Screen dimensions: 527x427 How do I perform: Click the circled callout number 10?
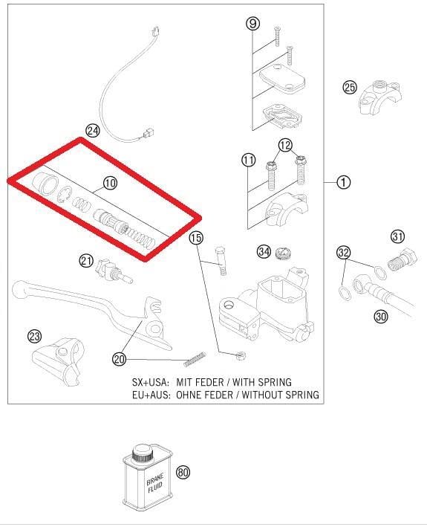click(110, 182)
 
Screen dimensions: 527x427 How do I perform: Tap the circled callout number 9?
click(252, 24)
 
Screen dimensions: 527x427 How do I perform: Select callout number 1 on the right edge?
click(344, 181)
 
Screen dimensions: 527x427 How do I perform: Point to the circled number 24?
click(92, 131)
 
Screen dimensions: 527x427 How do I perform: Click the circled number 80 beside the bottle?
click(183, 471)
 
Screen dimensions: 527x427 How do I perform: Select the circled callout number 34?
click(264, 251)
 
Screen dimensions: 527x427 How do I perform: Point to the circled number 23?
click(34, 337)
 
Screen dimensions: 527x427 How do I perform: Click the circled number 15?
click(195, 239)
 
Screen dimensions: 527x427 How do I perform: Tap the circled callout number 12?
click(286, 145)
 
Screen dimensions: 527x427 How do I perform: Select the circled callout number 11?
click(248, 160)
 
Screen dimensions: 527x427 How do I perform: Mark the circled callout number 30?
click(381, 316)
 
